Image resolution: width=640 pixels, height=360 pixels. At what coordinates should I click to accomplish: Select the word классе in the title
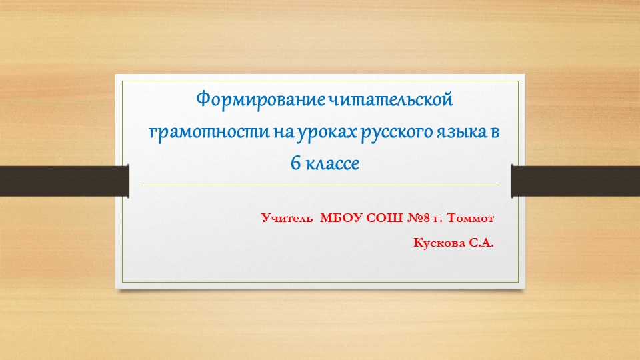click(333, 163)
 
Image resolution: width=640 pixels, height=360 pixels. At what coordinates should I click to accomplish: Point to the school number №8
click(418, 218)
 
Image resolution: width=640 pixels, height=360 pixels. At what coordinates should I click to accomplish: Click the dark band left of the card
click(64, 181)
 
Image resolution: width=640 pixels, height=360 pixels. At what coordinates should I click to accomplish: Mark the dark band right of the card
click(575, 181)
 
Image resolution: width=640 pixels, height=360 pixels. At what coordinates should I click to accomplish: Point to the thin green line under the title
click(320, 185)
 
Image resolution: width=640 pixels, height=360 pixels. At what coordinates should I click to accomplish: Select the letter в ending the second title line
click(494, 132)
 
